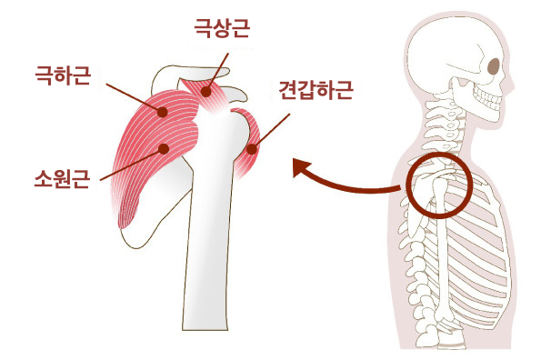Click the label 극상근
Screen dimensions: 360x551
(222, 30)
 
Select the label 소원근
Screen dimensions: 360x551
(63, 175)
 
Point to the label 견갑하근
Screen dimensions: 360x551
(315, 90)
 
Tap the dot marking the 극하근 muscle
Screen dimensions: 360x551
(162, 112)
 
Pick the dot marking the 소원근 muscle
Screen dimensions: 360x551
(164, 148)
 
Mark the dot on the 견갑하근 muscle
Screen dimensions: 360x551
(252, 147)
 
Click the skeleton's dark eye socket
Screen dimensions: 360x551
(493, 66)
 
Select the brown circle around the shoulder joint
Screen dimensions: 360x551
(437, 187)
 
